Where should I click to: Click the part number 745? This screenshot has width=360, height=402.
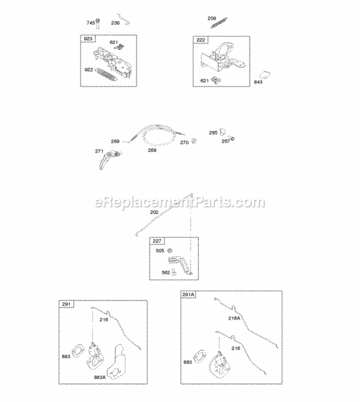(90, 23)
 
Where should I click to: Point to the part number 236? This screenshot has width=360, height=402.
(116, 23)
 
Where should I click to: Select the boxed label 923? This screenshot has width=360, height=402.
(88, 39)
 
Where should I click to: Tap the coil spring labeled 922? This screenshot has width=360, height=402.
(106, 73)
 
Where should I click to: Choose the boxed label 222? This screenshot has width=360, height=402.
(201, 39)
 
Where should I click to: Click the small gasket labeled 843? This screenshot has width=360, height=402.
(263, 75)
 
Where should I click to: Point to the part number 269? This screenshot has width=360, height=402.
(115, 141)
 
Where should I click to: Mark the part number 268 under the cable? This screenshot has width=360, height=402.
(152, 149)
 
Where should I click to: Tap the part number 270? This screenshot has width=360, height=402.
(184, 142)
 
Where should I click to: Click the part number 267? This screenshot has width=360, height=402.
(226, 141)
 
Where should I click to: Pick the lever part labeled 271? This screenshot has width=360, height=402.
(110, 158)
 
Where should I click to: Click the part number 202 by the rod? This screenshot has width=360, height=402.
(154, 212)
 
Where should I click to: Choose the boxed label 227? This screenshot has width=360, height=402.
(156, 241)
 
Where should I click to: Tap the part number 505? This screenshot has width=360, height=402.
(160, 250)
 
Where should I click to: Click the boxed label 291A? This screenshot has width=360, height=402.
(189, 295)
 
